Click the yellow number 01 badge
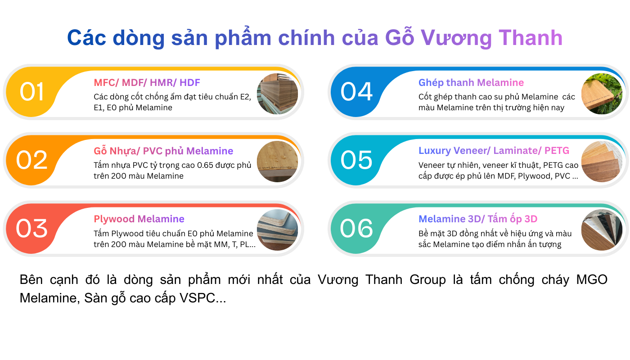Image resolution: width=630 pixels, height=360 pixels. click(31, 92)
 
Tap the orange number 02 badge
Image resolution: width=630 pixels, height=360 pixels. click(31, 160)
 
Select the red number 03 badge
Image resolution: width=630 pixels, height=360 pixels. click(31, 229)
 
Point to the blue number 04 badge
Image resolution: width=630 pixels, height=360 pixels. click(356, 92)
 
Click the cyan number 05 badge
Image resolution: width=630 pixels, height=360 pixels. click(356, 160)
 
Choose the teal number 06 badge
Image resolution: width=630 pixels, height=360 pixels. click(356, 229)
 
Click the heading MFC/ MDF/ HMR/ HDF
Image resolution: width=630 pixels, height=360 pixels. click(147, 83)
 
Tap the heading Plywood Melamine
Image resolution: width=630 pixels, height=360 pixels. click(139, 219)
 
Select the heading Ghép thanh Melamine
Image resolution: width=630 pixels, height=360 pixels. click(471, 83)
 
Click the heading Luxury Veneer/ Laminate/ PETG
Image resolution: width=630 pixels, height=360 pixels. click(494, 151)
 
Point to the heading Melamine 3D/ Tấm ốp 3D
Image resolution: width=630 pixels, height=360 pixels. click(478, 219)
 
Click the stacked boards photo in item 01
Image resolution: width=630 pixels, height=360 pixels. click(278, 94)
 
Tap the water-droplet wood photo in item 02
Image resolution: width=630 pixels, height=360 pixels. click(278, 162)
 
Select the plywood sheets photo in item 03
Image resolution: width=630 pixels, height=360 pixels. click(278, 230)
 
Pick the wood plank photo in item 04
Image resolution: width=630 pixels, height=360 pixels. click(602, 94)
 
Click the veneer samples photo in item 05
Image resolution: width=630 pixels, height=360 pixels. click(602, 162)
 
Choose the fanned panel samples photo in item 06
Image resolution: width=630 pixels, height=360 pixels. click(602, 230)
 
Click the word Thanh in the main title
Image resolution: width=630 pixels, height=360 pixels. click(531, 38)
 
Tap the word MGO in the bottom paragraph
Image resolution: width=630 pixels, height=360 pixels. click(592, 280)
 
